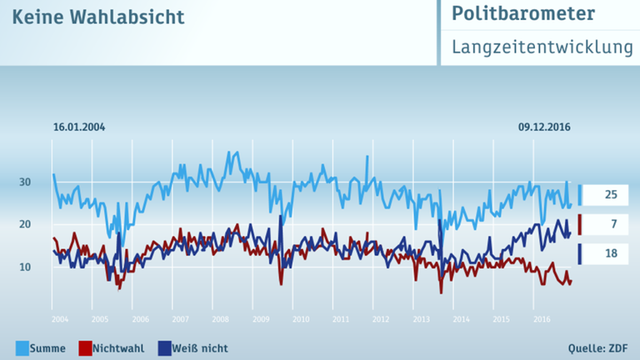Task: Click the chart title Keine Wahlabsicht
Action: point(98,17)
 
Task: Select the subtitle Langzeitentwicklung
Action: point(542,47)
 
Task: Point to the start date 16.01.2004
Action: point(79,127)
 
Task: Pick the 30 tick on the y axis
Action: point(26,182)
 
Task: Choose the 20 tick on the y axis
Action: point(26,225)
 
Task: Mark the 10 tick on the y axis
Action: point(26,267)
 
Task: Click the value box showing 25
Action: point(610,195)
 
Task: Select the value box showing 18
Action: point(610,253)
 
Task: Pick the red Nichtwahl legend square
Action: point(84,347)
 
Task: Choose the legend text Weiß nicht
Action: point(200,347)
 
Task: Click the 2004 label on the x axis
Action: point(58,319)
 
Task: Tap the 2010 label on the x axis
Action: point(300,319)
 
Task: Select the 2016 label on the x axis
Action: point(541,319)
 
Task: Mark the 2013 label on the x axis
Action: point(421,319)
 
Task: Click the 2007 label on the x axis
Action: point(179,319)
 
